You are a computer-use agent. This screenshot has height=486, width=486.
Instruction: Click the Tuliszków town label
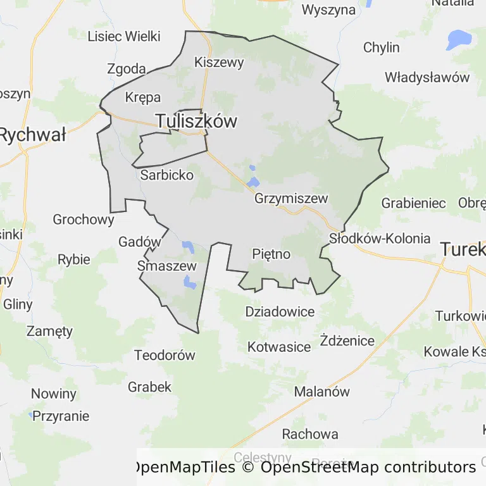coord(196,121)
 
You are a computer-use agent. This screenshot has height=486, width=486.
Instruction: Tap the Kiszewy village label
coord(219,63)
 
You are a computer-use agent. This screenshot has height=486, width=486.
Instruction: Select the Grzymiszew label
coord(291,199)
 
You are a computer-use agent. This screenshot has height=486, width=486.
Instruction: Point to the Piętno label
coord(271,254)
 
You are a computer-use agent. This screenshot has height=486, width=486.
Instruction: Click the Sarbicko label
coord(167,175)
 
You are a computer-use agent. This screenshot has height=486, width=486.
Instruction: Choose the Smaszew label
coord(167,266)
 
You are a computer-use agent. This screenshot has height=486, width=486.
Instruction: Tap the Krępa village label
coord(143,97)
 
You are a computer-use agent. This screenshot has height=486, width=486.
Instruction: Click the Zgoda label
coord(127,69)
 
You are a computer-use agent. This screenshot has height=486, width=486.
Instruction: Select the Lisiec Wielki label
coord(124,36)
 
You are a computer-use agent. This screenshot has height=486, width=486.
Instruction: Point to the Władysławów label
coord(427,78)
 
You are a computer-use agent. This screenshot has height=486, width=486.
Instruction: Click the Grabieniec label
coord(413,204)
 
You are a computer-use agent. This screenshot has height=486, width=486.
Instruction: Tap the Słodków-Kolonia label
coord(380,239)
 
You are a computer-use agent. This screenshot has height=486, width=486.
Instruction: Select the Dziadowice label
coord(280,312)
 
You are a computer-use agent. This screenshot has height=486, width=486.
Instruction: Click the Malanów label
coord(321,392)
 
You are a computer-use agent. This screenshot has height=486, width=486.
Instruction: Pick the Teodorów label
coord(165,356)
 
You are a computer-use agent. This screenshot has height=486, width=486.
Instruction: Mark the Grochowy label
coord(84,220)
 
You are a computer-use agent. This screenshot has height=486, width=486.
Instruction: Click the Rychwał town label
coord(33,135)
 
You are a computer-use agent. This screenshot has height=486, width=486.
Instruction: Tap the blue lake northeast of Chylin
coord(459,39)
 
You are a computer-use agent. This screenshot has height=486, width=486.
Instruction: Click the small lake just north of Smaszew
coord(188,246)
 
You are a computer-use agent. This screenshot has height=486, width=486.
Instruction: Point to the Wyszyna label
coord(328,9)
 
